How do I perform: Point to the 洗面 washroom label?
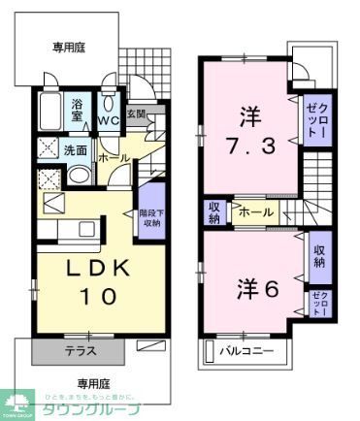point(76,150)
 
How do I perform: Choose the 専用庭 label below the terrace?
point(92,381)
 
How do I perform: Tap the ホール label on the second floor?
point(255,211)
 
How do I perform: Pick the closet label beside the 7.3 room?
point(315,122)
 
